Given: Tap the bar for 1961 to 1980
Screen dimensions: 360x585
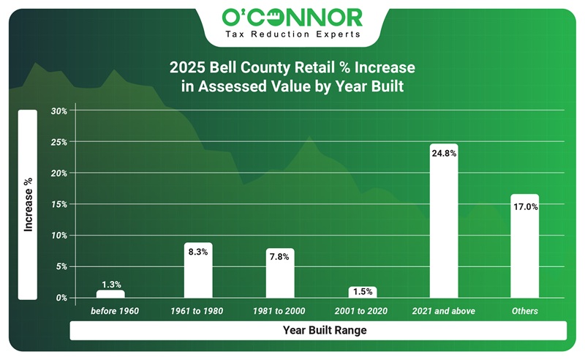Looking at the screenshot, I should tap(198, 270).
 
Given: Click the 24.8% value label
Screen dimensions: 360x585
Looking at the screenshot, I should tap(444, 154).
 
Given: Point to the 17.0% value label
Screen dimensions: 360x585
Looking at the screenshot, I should tap(525, 207).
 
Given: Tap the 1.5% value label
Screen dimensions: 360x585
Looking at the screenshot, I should tap(362, 291).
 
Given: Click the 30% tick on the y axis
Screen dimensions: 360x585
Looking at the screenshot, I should tap(59, 111).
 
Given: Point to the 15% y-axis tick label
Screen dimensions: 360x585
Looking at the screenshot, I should tap(59, 205).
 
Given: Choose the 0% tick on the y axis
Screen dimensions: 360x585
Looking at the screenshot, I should tap(61, 298).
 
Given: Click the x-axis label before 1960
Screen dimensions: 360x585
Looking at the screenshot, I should tap(114, 311).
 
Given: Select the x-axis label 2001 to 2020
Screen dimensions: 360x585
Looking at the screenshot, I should tap(361, 311).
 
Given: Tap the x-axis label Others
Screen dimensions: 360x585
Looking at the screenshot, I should tap(525, 311).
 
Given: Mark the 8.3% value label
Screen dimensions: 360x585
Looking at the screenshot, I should tap(198, 252).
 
